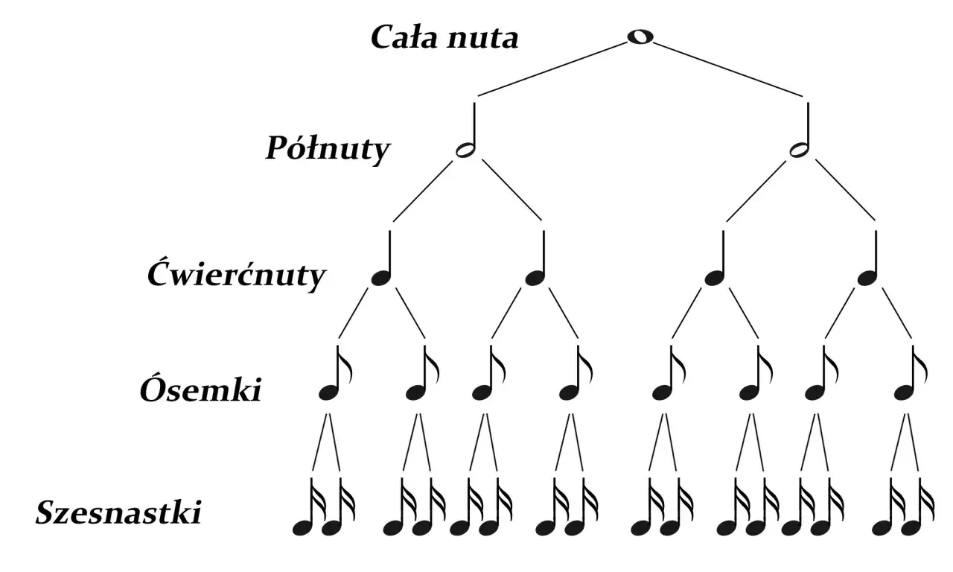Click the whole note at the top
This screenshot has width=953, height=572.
[x=640, y=37]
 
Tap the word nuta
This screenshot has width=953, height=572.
[x=483, y=38]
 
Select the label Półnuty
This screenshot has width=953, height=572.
[x=328, y=150]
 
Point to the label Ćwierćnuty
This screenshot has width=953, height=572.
[x=237, y=275]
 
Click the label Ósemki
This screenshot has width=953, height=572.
[x=200, y=388]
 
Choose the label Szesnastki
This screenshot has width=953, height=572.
[x=118, y=512]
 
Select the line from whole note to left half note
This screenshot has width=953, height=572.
[x=552, y=69]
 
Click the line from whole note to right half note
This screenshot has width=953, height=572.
[x=728, y=69]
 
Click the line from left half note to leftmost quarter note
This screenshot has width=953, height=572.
[x=423, y=191]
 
